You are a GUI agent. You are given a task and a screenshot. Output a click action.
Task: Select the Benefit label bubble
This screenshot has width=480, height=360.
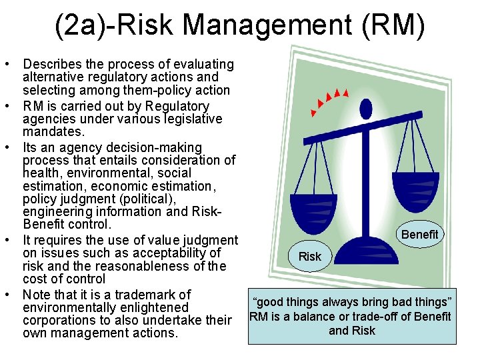pos(420,234)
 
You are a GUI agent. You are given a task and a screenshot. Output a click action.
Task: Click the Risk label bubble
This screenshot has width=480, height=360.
pos(309,256)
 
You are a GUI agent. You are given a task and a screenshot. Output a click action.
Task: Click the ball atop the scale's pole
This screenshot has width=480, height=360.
pos(365,108)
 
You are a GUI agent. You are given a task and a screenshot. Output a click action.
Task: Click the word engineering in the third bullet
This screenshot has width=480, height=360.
pos(57,211)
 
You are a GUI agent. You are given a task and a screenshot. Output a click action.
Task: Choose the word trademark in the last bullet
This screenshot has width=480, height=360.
pos(161,294)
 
